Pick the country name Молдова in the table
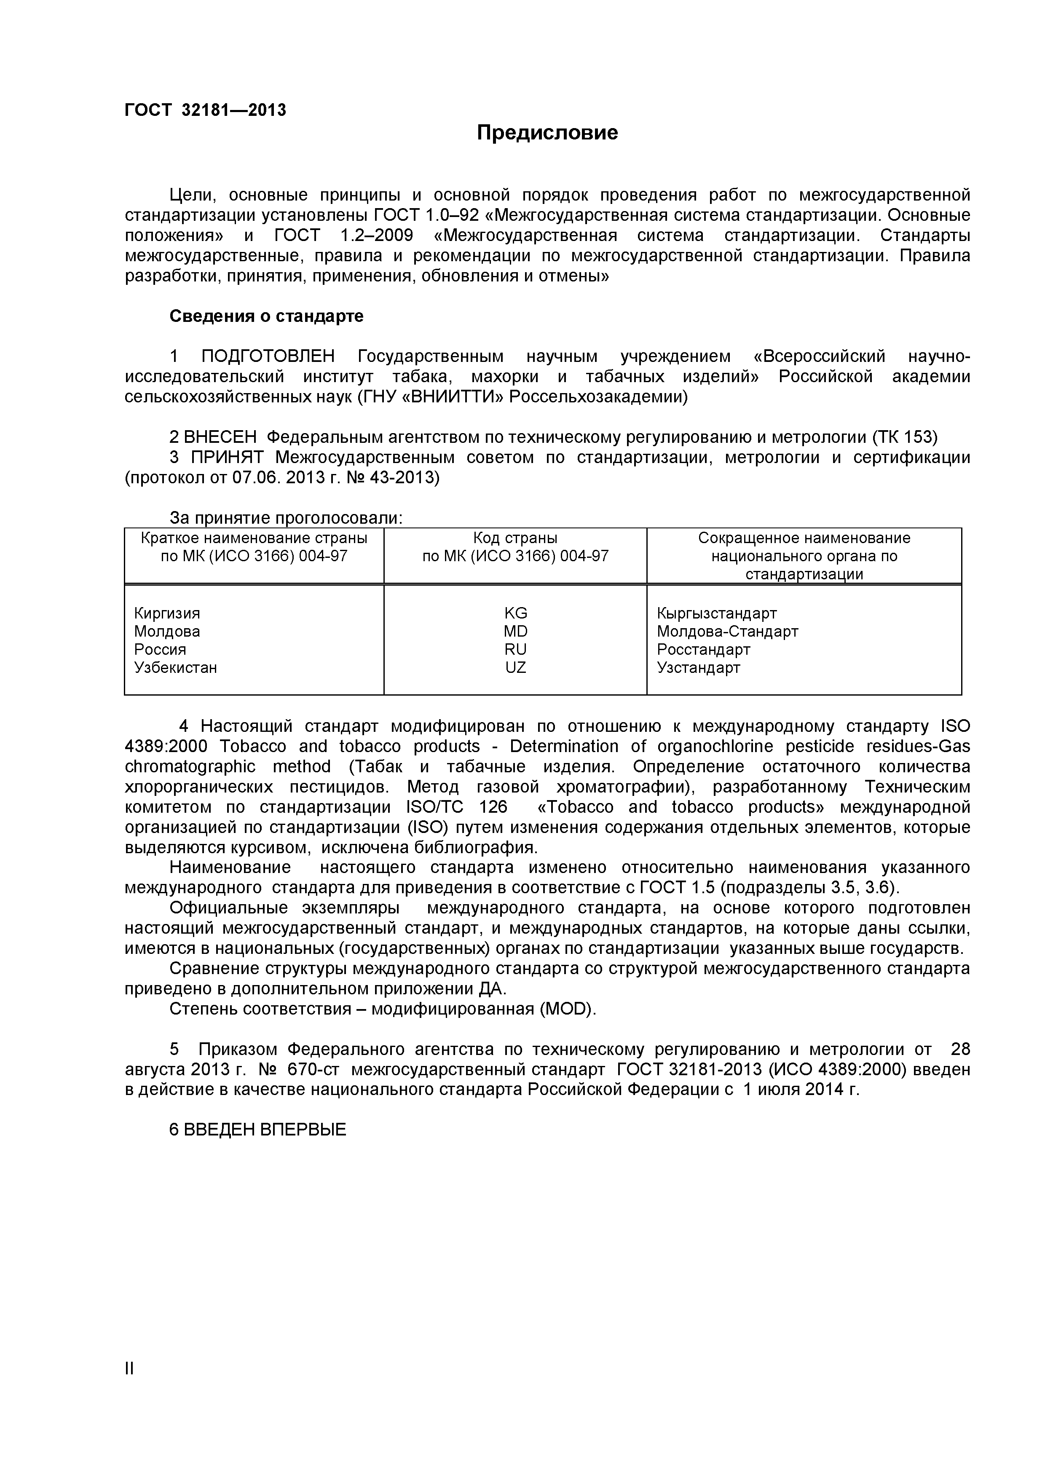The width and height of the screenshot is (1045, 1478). click(167, 632)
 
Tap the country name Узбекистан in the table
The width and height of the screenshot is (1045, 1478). click(175, 667)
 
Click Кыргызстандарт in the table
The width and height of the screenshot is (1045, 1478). click(717, 613)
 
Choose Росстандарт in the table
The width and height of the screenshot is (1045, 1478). click(703, 650)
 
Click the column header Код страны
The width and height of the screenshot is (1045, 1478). click(515, 538)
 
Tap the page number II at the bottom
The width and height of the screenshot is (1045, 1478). click(129, 1387)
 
